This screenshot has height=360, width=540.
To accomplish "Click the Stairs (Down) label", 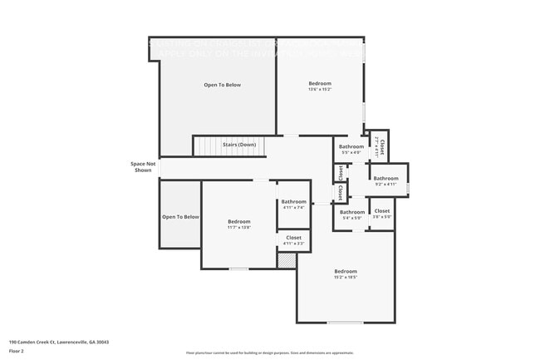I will click(x=239, y=145).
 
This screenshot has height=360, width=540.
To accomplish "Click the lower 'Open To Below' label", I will click(x=180, y=217).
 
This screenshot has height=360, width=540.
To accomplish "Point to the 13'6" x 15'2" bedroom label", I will click(x=320, y=86).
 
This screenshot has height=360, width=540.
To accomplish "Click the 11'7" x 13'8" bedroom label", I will click(x=239, y=224).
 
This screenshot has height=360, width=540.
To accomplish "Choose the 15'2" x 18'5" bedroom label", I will click(x=346, y=274).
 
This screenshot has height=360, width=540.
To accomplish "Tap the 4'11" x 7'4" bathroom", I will click(x=294, y=205).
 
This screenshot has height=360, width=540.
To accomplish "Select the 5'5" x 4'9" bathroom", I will click(x=351, y=150).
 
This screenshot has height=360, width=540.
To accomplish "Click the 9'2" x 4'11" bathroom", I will click(x=385, y=181).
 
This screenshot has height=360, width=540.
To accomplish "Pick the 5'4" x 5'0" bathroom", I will click(x=352, y=215).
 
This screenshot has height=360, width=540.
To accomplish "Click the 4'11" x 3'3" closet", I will click(x=294, y=240).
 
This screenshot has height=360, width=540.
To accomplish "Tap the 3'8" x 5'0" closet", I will click(x=382, y=215).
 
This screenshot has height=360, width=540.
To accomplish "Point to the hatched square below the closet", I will click(x=287, y=261).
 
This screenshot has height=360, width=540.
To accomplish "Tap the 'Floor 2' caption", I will click(x=17, y=351).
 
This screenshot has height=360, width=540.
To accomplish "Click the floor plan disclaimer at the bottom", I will click(x=269, y=353).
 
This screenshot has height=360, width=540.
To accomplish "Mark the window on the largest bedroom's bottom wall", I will click(x=345, y=323).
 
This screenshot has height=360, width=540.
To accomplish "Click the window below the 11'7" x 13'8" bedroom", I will click(x=239, y=269).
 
